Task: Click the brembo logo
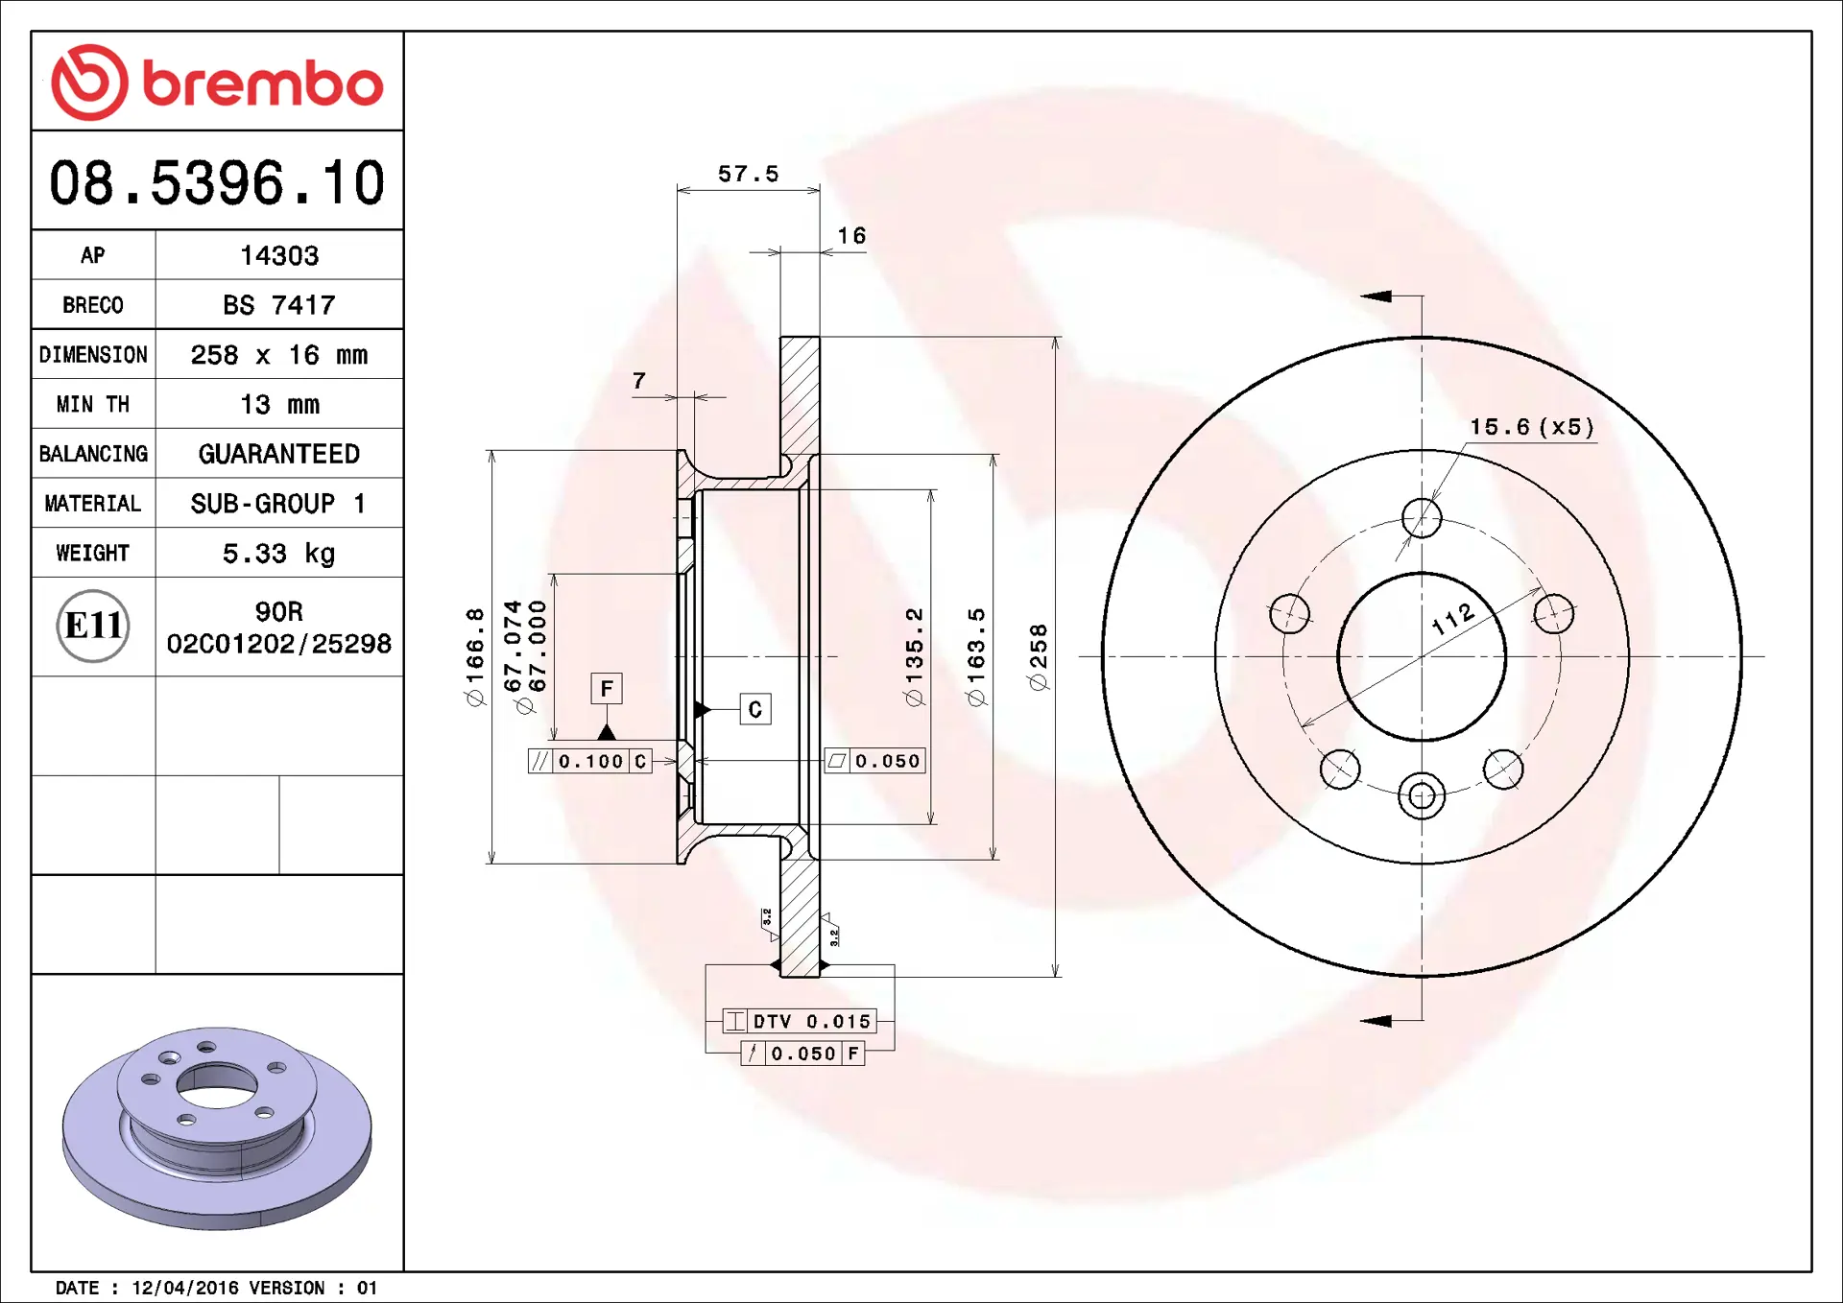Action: pos(217,83)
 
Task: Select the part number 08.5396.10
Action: pos(217,182)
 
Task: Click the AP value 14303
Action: pos(279,255)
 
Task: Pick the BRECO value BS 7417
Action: pos(279,305)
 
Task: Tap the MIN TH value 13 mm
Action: pos(279,405)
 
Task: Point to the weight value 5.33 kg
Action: pos(279,554)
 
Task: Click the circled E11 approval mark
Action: pos(93,627)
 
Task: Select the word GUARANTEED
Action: pos(279,454)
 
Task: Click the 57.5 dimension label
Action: pos(749,174)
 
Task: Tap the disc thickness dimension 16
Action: pos(851,236)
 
